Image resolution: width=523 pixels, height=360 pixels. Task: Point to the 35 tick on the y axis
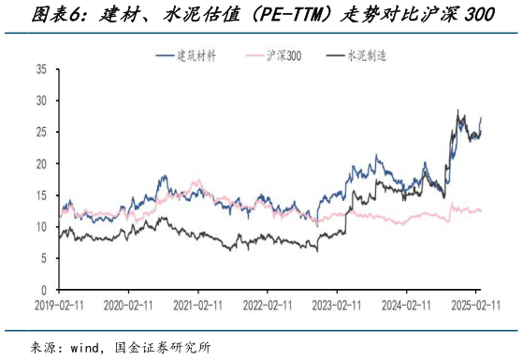pos(41,70)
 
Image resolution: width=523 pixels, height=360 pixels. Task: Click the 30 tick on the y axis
pos(41,101)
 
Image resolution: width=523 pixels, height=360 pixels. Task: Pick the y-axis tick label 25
pos(41,132)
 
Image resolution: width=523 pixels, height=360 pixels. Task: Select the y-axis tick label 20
pos(41,164)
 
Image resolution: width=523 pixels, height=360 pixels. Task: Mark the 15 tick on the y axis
pos(41,195)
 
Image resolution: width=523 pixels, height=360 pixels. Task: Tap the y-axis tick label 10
pos(41,227)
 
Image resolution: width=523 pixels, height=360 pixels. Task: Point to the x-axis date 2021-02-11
pos(198,305)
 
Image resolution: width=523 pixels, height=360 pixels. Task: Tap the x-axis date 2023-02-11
pos(339,305)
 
